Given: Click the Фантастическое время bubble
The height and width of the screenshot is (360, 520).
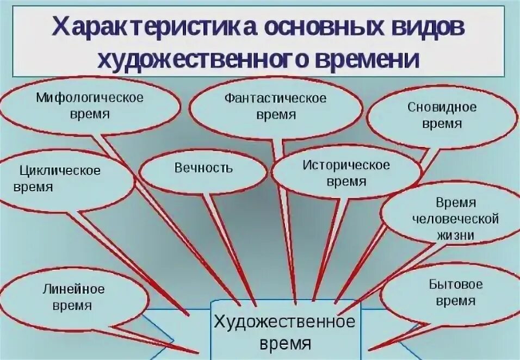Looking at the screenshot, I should (276, 107).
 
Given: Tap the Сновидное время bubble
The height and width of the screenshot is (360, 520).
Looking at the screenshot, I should (442, 115).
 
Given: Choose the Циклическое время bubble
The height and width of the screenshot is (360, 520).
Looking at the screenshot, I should (60, 179).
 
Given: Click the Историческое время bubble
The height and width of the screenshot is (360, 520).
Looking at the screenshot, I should (346, 172).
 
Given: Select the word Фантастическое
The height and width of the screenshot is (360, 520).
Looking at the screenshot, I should (276, 98).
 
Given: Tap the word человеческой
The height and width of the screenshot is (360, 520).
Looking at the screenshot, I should (456, 219).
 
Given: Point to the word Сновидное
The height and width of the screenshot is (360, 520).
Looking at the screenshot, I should (442, 107).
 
